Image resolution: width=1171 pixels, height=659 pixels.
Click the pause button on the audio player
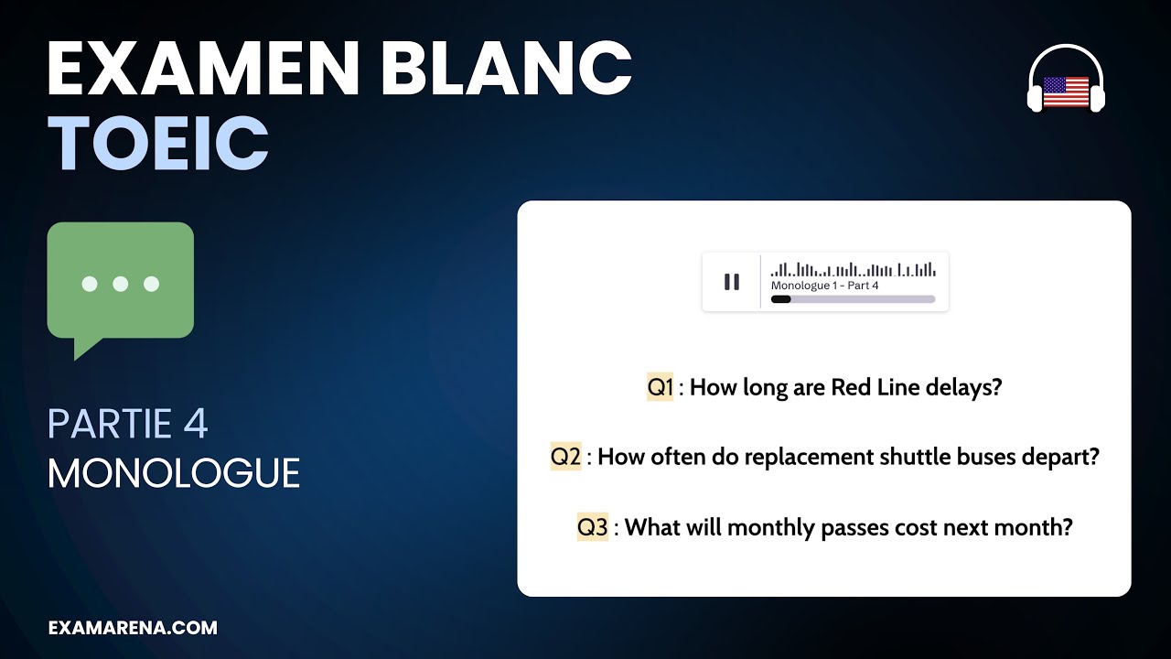732,282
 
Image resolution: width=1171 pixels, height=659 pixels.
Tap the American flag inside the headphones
1066,92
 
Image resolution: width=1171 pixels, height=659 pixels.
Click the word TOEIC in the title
158,145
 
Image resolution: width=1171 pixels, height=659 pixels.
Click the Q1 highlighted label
660,387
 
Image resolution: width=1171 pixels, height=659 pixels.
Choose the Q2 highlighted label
565,457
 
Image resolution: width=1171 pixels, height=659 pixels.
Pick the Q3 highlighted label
592,527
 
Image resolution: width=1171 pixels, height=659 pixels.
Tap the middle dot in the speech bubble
120,284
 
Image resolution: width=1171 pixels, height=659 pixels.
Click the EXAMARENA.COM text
133,628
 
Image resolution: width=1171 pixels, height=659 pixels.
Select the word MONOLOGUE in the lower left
174,473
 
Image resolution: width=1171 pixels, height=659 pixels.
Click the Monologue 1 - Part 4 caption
824,286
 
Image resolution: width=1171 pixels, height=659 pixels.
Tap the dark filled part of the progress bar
780,299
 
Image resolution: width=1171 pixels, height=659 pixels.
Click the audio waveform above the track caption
853,269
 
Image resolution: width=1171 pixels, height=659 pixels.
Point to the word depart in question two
1065,457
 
